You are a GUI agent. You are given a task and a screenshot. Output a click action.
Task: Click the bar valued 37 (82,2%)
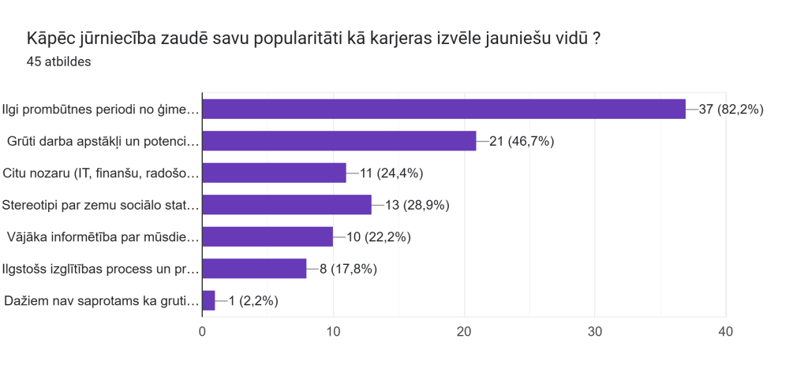pyautogui.click(x=443, y=109)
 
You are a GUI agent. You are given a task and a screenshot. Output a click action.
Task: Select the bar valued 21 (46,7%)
pyautogui.click(x=339, y=141)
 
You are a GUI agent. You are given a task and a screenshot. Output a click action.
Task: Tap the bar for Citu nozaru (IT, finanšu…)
pyautogui.click(x=274, y=173)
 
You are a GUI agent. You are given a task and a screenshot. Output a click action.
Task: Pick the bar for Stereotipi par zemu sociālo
pyautogui.click(x=286, y=205)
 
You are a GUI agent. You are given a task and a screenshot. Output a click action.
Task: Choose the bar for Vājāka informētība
pyautogui.click(x=267, y=236)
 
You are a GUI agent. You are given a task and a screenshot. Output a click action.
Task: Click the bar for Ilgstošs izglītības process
pyautogui.click(x=254, y=269)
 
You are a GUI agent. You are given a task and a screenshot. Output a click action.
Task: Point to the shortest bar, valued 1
pyautogui.click(x=208, y=300)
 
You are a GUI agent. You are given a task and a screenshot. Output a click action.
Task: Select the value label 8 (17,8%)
pyautogui.click(x=348, y=269)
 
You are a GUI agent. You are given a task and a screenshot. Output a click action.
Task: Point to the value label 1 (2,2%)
pyautogui.click(x=253, y=300)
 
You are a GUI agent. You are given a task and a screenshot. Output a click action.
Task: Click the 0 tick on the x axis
pyautogui.click(x=203, y=332)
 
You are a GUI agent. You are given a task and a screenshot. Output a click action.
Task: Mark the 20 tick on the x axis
pyautogui.click(x=464, y=332)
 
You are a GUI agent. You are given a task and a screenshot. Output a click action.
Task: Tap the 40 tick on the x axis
pyautogui.click(x=725, y=332)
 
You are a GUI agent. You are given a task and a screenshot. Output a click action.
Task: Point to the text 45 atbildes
pyautogui.click(x=58, y=62)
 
